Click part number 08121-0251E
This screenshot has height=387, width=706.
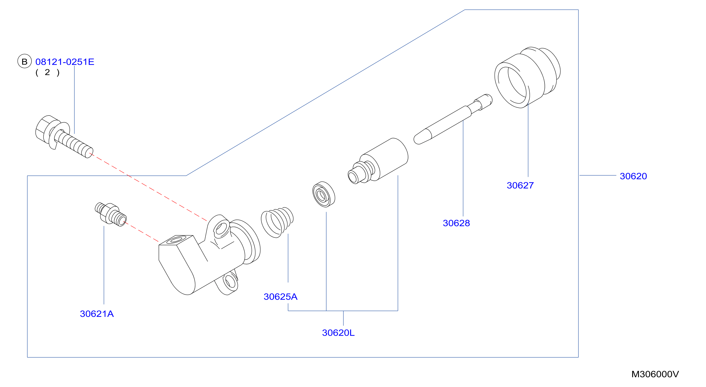click(65, 62)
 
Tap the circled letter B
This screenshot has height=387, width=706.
click(24, 61)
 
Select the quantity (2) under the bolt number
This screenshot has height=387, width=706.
click(47, 72)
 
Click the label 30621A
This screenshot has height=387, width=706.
click(97, 314)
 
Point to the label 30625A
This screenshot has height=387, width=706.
click(280, 297)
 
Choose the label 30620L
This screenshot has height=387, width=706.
click(338, 333)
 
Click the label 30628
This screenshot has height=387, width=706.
click(456, 223)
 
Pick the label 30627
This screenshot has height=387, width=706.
click(520, 185)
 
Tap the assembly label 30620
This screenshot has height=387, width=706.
click(633, 176)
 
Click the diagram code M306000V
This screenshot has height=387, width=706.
click(655, 374)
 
